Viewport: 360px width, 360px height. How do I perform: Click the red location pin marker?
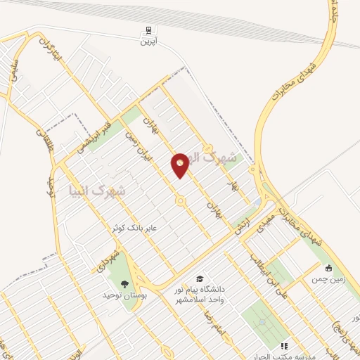[x=180, y=165]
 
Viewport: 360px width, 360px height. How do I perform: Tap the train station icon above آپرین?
[x=148, y=30]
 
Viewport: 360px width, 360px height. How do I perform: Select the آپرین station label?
[x=148, y=42]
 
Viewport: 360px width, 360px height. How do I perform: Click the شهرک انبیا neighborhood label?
[x=98, y=191]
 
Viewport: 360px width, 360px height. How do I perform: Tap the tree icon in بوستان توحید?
[x=124, y=284]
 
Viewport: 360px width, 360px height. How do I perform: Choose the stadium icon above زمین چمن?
[x=329, y=267]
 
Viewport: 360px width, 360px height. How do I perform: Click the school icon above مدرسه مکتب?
[x=284, y=346]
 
